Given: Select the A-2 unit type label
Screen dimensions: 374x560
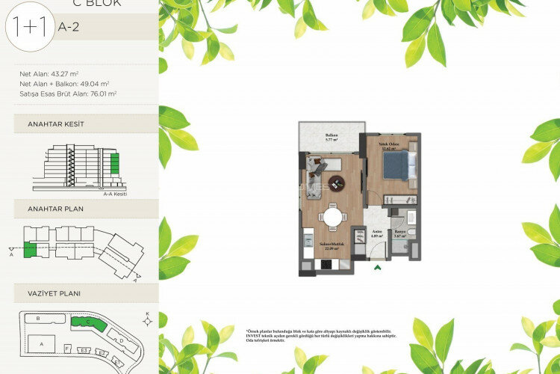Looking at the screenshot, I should coord(66,27).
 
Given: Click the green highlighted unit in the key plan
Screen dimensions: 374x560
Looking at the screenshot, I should coord(30,250).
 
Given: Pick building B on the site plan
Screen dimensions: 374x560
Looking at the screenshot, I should coord(37,319).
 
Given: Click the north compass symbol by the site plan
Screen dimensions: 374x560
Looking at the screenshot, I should coord(148,320).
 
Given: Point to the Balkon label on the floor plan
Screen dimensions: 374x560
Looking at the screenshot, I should coord(332,136).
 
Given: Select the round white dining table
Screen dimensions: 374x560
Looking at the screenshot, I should coord(332,218).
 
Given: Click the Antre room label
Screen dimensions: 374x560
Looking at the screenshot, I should coord(377,233).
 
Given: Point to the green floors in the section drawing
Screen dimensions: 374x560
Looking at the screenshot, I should coord(113,162).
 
